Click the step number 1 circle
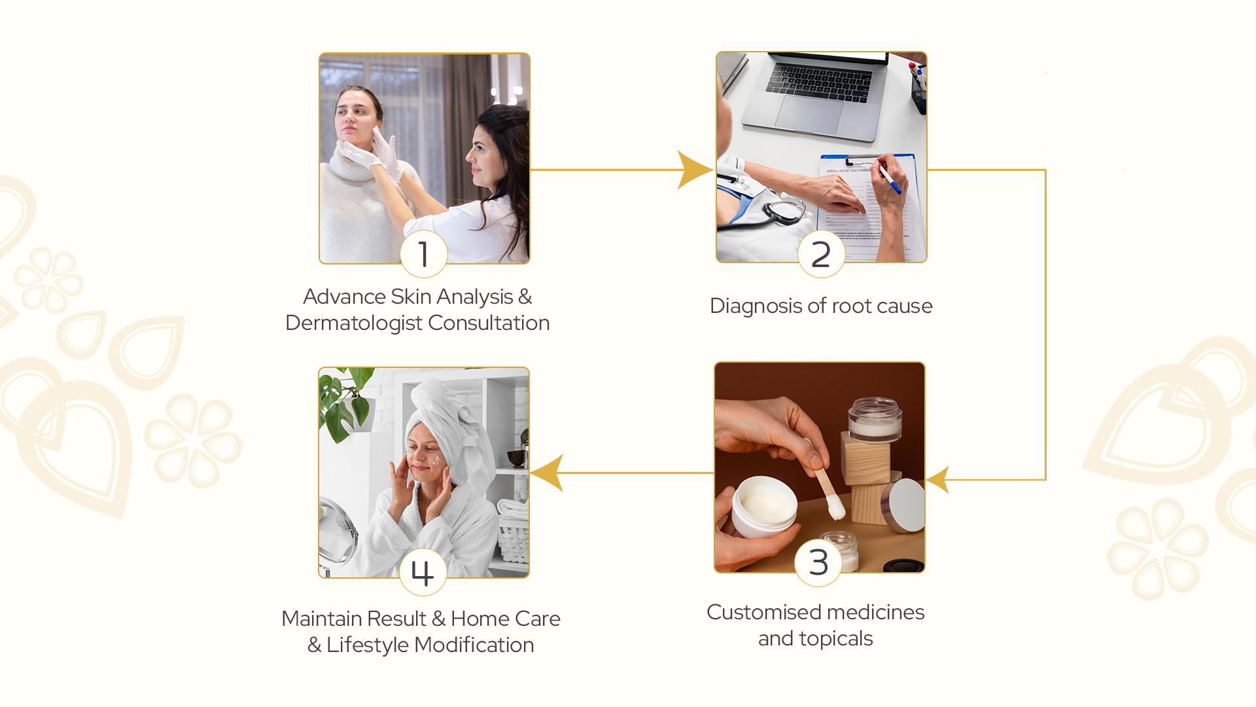pyautogui.click(x=424, y=254)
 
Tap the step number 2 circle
pyautogui.click(x=821, y=254)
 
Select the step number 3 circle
pyautogui.click(x=818, y=562)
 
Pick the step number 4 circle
pyautogui.click(x=423, y=572)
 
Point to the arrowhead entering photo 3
pyautogui.click(x=938, y=480)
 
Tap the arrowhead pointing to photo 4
pyautogui.click(x=547, y=473)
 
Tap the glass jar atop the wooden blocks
pyautogui.click(x=875, y=419)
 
